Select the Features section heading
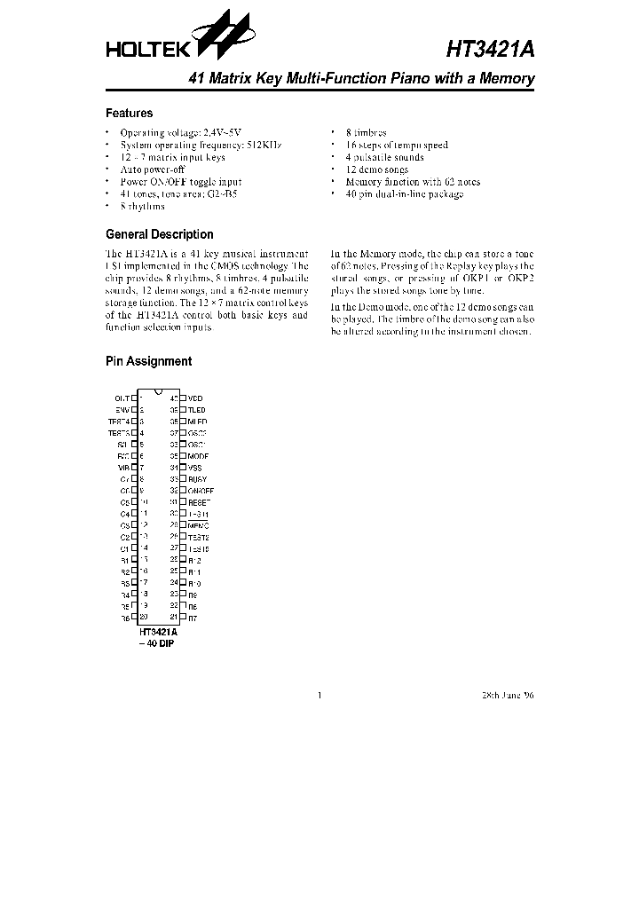tap(129, 114)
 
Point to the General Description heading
tap(159, 234)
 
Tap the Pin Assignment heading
tap(148, 361)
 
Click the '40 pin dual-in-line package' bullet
tap(404, 193)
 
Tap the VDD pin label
tap(195, 398)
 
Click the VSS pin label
tap(195, 467)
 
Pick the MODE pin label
tap(198, 455)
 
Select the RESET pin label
tap(199, 501)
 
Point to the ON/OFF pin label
tap(201, 491)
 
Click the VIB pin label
tap(123, 467)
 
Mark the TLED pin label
tap(196, 410)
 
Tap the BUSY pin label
tap(197, 479)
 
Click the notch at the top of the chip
tap(158, 393)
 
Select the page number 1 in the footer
tap(319, 695)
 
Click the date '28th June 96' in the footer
tap(509, 695)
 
